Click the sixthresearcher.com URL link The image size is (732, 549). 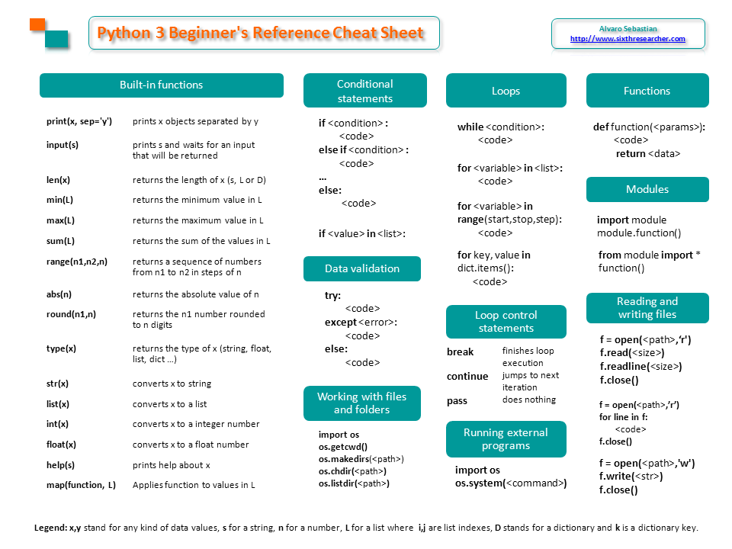pyautogui.click(x=628, y=38)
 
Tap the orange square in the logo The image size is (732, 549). pyautogui.click(x=37, y=24)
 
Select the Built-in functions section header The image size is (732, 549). pyautogui.click(x=161, y=85)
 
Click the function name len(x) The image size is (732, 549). pyautogui.click(x=58, y=180)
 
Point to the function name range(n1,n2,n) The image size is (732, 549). pyautogui.click(x=77, y=261)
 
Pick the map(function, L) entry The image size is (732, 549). pyautogui.click(x=81, y=484)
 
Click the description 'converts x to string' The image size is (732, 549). pyautogui.click(x=172, y=384)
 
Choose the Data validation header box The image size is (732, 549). pyautogui.click(x=361, y=268)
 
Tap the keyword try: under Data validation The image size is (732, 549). pyautogui.click(x=333, y=295)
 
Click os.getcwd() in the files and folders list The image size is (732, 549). pyautogui.click(x=343, y=447)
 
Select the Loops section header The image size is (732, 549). pyautogui.click(x=506, y=91)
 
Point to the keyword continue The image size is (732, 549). pyautogui.click(x=467, y=376)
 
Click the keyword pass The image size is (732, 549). pyautogui.click(x=457, y=400)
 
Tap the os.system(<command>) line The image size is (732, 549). pyautogui.click(x=511, y=483)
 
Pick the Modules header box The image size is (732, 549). pyautogui.click(x=647, y=189)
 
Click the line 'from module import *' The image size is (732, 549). pyautogui.click(x=649, y=255)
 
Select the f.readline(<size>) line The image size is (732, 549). pyautogui.click(x=640, y=366)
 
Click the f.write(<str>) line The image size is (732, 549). pyautogui.click(x=631, y=477)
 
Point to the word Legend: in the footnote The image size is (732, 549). pyautogui.click(x=50, y=528)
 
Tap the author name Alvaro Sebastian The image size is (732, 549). pyautogui.click(x=628, y=27)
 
